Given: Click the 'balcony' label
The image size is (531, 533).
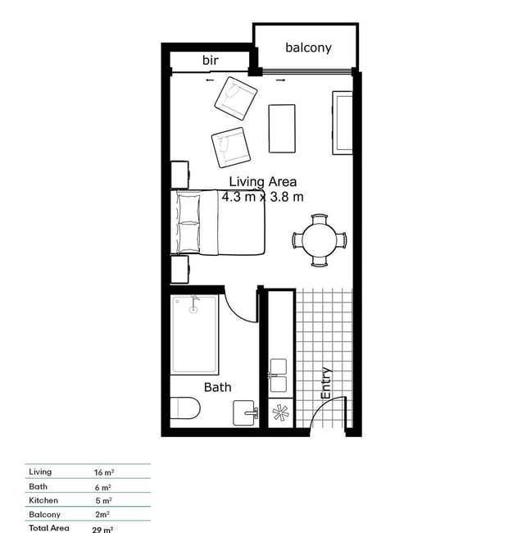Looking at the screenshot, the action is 308,48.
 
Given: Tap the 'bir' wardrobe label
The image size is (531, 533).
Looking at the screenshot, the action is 211,60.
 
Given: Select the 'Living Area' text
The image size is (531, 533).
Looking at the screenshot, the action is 262,182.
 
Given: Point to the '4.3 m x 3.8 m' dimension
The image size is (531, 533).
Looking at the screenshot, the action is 262,197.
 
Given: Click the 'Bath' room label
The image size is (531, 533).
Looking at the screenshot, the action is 218,387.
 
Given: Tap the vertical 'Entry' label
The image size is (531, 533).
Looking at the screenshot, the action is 326,383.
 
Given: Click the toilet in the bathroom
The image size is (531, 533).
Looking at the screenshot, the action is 185,408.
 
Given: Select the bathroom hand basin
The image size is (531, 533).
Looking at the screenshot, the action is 244,412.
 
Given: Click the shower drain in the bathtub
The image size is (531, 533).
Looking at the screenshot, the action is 193,310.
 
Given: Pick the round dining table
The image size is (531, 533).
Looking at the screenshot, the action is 320,240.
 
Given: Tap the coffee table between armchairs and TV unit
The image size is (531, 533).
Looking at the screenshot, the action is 282,129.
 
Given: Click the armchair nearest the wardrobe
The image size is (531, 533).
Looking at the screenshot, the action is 236,98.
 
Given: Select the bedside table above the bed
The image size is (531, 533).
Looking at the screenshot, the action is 179,175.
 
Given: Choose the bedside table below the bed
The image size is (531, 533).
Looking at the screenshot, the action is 179,270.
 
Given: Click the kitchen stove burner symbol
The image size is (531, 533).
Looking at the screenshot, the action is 280,413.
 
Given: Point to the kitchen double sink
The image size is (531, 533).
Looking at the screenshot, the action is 279,376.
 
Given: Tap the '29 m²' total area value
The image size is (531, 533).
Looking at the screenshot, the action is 102,530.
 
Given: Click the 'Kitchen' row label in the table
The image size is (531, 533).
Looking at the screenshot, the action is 43,500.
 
